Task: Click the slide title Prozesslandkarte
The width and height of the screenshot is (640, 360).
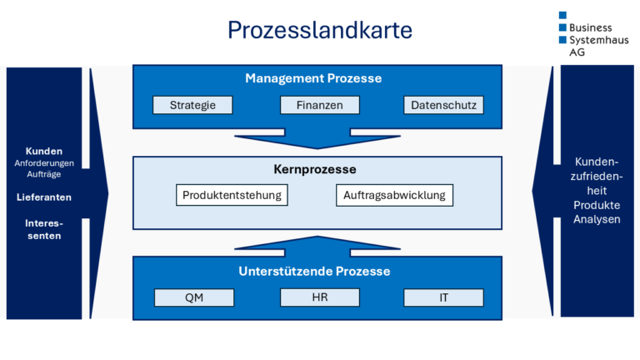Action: (x=320, y=31)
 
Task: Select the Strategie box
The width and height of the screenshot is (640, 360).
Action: (x=192, y=105)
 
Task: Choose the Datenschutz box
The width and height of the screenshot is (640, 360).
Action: (x=443, y=105)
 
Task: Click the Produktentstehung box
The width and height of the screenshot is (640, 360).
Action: (x=232, y=196)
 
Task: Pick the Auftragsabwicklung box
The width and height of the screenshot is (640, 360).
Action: (x=395, y=196)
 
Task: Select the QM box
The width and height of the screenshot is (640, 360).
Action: (x=194, y=297)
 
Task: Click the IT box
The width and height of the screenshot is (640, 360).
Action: (x=443, y=297)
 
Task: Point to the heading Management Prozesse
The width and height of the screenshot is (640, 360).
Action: (x=313, y=78)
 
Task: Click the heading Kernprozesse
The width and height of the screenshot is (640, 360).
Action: (x=314, y=169)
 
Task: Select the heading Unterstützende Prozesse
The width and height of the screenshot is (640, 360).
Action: (x=314, y=271)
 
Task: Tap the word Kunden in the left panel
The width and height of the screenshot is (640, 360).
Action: (x=43, y=152)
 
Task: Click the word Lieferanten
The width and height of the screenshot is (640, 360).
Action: (x=43, y=197)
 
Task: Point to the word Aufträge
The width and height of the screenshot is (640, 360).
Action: (x=43, y=174)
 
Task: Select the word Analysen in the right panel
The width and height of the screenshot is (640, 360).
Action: (x=597, y=219)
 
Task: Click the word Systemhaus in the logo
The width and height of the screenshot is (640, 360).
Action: (x=599, y=39)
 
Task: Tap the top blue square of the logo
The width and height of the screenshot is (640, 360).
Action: (x=562, y=15)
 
